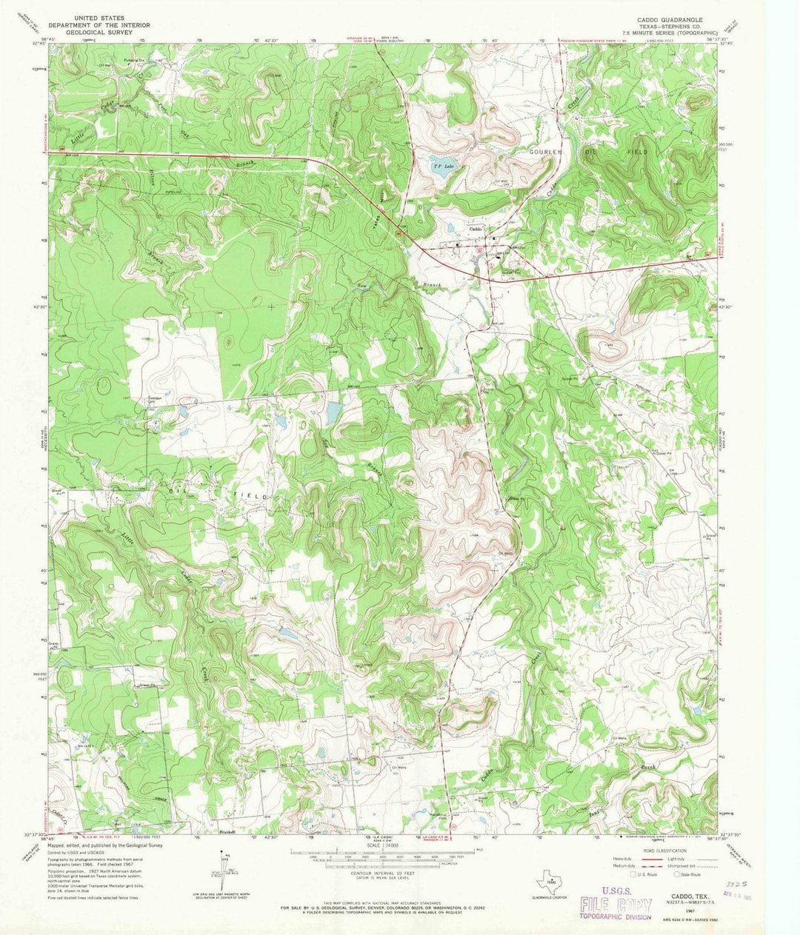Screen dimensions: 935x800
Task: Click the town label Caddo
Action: point(476,229)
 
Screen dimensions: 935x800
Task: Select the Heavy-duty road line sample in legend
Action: point(644,859)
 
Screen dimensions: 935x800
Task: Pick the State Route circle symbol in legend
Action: point(676,874)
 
